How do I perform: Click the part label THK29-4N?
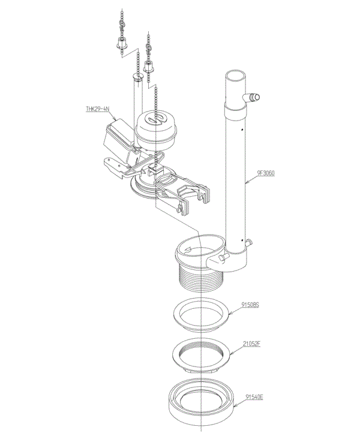tap(97, 109)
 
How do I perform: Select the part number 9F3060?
tap(266, 173)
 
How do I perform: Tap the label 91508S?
tap(250, 304)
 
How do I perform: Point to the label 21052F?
tap(251, 344)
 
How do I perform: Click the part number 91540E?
tap(254, 397)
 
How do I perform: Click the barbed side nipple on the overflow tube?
tap(251, 97)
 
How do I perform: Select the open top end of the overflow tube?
tap(236, 75)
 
